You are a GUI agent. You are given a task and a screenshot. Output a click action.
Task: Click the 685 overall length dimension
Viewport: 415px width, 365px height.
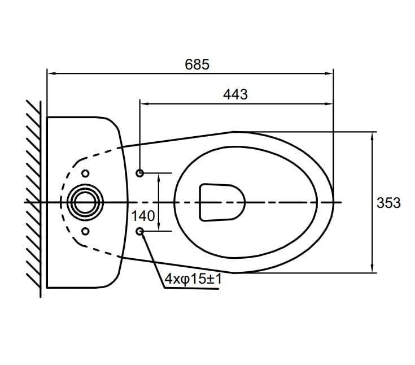197,64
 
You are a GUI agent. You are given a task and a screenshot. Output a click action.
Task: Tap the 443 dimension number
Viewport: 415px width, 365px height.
235,94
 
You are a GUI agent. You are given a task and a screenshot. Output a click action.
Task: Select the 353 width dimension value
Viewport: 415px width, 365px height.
388,203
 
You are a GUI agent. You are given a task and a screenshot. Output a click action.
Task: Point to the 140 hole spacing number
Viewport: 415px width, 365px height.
143,216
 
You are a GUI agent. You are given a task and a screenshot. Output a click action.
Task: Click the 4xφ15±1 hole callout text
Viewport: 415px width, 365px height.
193,279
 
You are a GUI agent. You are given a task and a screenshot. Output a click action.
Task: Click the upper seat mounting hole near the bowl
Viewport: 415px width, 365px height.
140,173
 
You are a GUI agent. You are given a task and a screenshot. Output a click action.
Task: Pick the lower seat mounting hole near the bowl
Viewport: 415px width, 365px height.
140,232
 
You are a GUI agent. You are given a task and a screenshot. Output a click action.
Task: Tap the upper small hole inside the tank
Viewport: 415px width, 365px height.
85,173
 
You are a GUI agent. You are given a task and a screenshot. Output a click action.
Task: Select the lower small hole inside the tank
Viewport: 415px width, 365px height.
85,231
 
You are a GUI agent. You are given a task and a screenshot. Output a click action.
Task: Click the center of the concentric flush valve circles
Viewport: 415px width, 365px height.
85,202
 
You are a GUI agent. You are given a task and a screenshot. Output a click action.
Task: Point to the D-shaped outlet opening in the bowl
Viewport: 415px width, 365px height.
222,202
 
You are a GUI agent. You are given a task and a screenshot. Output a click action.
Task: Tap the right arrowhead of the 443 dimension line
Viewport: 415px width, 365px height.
330,104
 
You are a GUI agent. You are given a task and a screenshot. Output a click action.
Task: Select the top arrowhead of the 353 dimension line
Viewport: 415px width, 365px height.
373,136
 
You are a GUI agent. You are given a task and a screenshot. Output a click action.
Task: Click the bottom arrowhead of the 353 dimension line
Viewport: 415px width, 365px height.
373,268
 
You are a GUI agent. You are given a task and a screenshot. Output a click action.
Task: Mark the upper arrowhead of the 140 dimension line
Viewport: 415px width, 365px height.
159,177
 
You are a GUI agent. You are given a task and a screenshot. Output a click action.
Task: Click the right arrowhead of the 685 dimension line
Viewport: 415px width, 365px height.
330,73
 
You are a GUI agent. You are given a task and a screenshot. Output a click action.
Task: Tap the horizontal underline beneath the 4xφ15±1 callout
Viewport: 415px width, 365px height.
191,288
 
